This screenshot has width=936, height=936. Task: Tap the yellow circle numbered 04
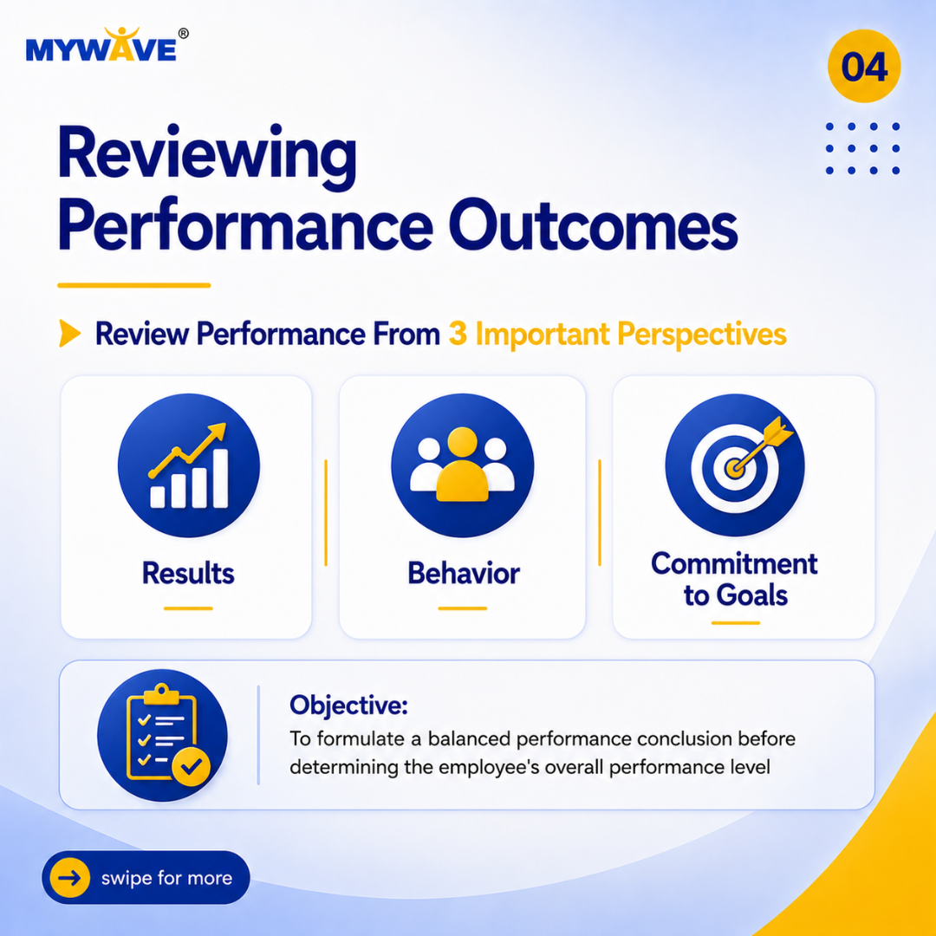point(864,66)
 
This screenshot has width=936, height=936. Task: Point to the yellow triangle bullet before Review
point(69,333)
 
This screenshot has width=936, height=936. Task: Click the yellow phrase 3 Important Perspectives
point(617,334)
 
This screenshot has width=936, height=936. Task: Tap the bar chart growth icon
point(189,465)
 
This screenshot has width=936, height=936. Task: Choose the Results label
point(188,573)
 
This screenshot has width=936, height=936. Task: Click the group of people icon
point(462,465)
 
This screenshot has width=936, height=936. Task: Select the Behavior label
point(463,573)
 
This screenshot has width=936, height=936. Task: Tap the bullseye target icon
point(735,465)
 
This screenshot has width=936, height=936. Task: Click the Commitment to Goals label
point(735,580)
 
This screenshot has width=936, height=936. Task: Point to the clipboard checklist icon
point(162,735)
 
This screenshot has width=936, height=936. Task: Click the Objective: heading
point(348,705)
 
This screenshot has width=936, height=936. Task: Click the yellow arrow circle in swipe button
point(70,877)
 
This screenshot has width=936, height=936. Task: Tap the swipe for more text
point(166,878)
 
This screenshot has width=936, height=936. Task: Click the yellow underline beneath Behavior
point(463,608)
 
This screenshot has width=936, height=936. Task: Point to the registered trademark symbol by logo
point(184,34)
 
